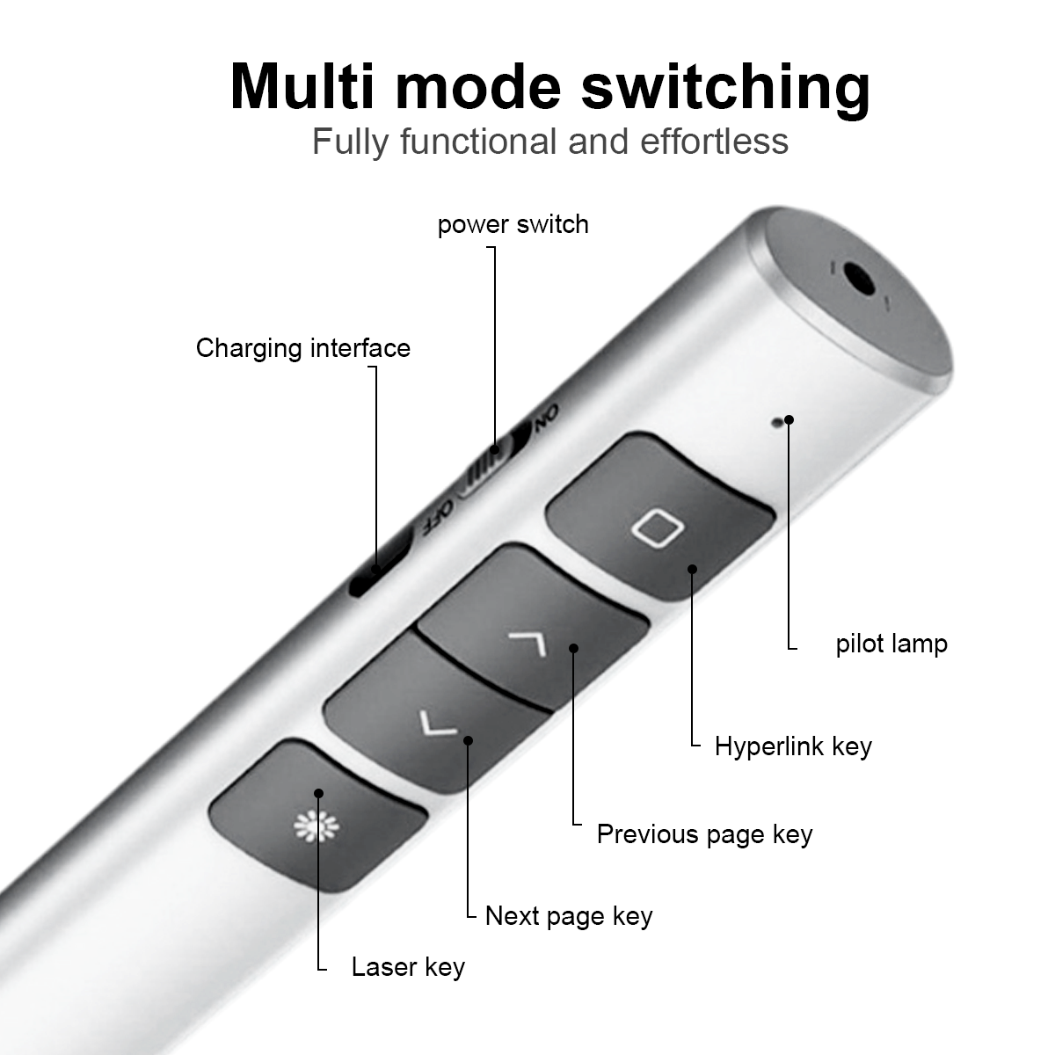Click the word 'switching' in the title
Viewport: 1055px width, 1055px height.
pos(725,90)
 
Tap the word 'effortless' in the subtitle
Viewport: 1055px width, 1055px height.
pos(714,142)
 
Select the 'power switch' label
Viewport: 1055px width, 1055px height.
pos(513,224)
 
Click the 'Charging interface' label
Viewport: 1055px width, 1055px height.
pos(303,348)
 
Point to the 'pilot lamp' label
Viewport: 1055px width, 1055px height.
pos(891,644)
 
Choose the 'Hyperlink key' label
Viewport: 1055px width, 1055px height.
pos(793,746)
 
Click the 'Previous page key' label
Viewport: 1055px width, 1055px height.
pos(704,834)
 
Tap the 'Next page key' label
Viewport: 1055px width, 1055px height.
pos(569,916)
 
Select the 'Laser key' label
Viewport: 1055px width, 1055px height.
pos(408,967)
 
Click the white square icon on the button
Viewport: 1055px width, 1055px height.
pos(657,528)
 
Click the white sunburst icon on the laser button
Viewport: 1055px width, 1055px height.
pos(316,826)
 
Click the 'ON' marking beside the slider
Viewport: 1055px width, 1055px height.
pos(547,419)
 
